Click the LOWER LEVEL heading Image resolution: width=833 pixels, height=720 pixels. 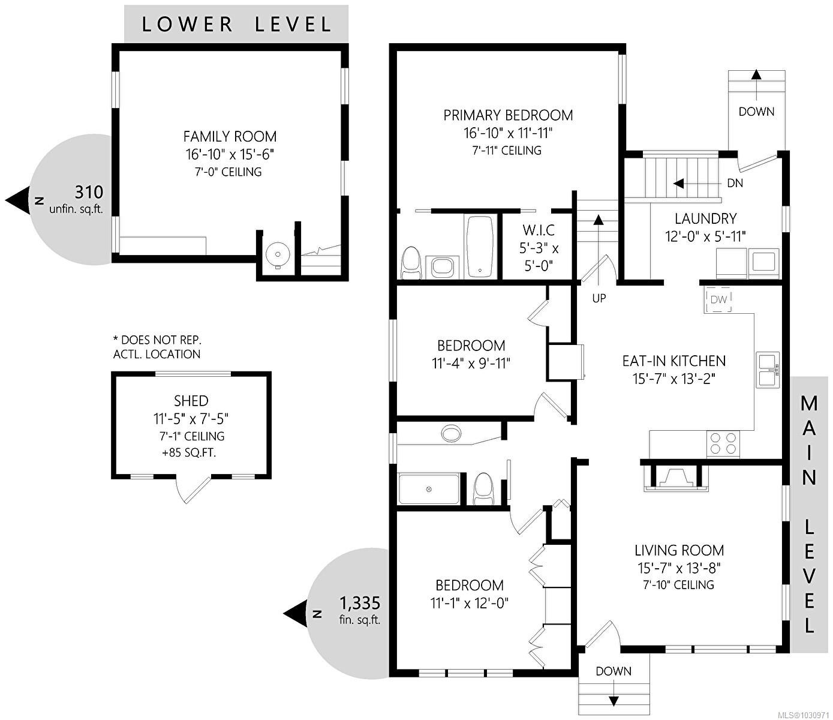236,24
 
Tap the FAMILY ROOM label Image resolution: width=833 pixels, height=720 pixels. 230,136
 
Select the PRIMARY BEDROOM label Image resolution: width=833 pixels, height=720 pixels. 508,115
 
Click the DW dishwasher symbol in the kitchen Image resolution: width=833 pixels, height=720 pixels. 719,299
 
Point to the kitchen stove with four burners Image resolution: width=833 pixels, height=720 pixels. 723,443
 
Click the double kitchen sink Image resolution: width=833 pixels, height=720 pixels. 768,370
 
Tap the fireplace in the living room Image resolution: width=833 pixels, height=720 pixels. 676,477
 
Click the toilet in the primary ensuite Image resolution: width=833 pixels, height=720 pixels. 411,263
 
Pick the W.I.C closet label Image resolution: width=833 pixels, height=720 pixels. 538,230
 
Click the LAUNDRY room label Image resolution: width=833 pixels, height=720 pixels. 705,218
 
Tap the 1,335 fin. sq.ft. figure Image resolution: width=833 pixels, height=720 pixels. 360,603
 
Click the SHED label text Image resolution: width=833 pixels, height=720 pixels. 191,401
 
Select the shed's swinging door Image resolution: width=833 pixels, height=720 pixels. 193,488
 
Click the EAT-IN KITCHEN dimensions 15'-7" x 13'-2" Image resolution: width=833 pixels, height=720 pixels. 674,379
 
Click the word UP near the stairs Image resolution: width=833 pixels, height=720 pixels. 599,298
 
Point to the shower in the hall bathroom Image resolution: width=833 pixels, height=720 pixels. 429,490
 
